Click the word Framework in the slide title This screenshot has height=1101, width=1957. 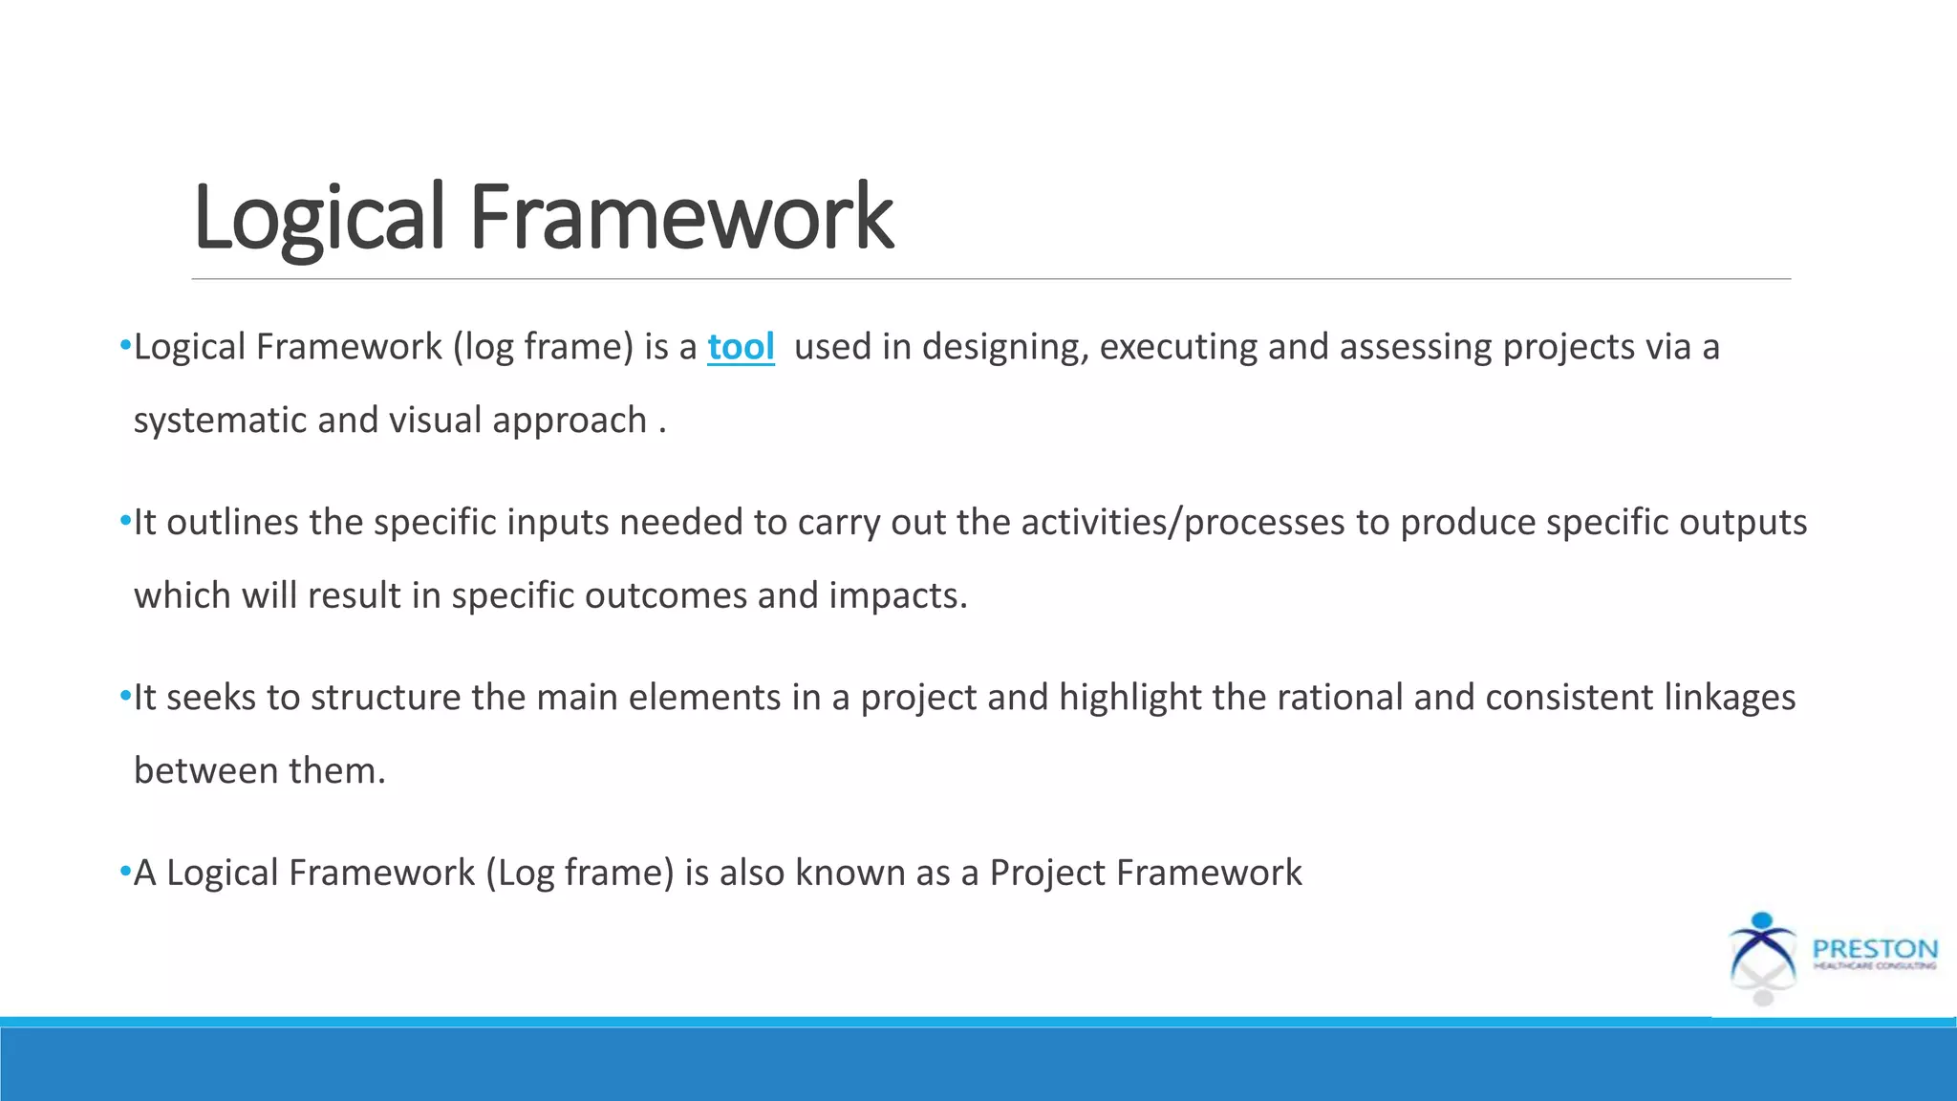pos(680,218)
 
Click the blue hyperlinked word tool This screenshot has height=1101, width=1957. pos(741,346)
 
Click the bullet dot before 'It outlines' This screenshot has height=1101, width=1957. pos(125,522)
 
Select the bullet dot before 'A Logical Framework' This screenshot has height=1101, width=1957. pos(125,873)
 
